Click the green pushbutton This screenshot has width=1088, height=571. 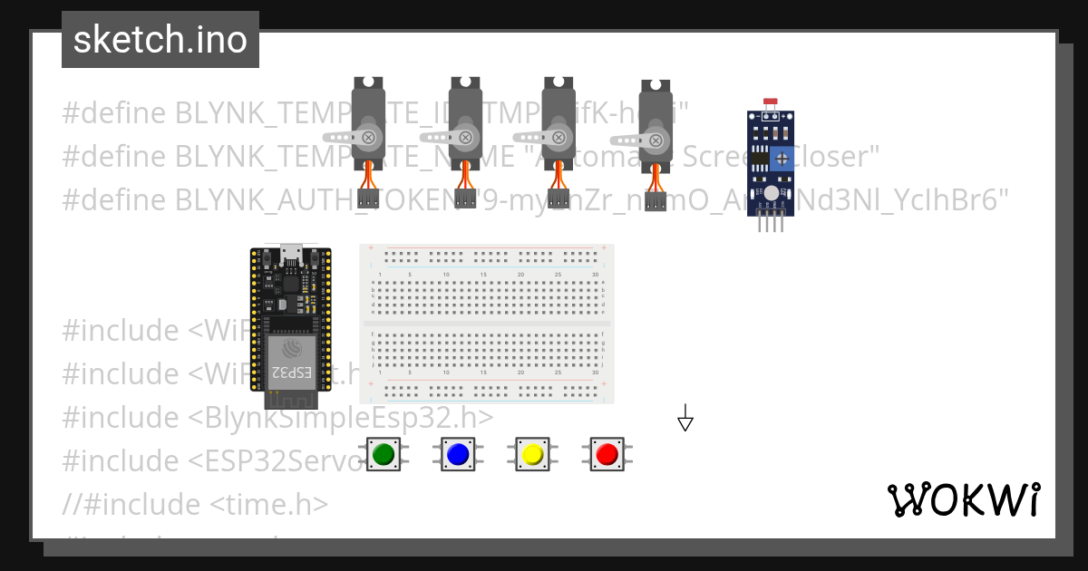(x=384, y=453)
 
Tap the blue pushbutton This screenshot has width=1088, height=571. (x=458, y=453)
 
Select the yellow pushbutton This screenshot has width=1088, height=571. (x=532, y=453)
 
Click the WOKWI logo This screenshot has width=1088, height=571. (x=963, y=499)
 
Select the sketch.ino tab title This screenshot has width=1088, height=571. (x=160, y=40)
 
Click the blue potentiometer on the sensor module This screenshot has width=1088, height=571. (x=782, y=160)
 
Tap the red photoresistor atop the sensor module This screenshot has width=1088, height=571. (x=771, y=102)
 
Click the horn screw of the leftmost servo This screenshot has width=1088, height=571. (x=369, y=138)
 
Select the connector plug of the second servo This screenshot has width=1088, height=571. (x=465, y=199)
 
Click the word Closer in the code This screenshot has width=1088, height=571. (x=843, y=157)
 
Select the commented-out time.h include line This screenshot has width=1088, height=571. (x=195, y=504)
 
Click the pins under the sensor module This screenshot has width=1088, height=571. (x=771, y=223)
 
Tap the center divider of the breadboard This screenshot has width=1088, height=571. (x=486, y=323)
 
